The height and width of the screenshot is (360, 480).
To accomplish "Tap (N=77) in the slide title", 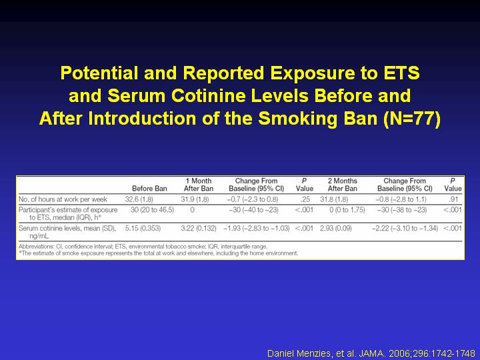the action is [411, 119].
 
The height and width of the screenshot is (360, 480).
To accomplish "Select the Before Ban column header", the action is [149, 188].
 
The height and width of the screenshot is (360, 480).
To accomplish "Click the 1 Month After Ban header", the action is [199, 185].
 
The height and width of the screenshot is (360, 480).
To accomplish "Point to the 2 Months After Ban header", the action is [343, 185].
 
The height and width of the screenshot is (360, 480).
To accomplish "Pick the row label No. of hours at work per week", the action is [63, 199].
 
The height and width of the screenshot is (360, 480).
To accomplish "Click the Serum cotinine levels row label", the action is [67, 232].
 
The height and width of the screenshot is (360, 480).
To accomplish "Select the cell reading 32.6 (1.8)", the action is [139, 199].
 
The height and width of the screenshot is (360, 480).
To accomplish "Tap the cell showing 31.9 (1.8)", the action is [195, 199].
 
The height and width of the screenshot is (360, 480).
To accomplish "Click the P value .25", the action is [305, 199].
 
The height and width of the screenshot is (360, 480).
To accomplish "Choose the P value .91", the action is [453, 199].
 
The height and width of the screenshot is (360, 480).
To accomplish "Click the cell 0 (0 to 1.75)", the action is [347, 210].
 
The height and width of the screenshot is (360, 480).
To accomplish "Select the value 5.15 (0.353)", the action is [143, 228].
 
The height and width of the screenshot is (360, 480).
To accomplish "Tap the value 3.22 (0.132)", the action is [199, 228].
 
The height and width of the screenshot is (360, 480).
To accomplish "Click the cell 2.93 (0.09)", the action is [336, 228].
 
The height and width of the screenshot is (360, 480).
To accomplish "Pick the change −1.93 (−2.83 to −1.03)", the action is [257, 228].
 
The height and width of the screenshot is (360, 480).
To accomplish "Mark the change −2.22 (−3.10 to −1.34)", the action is [405, 228].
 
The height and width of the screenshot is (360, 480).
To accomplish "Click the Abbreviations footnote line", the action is [143, 247].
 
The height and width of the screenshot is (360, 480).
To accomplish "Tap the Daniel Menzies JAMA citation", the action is [371, 353].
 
